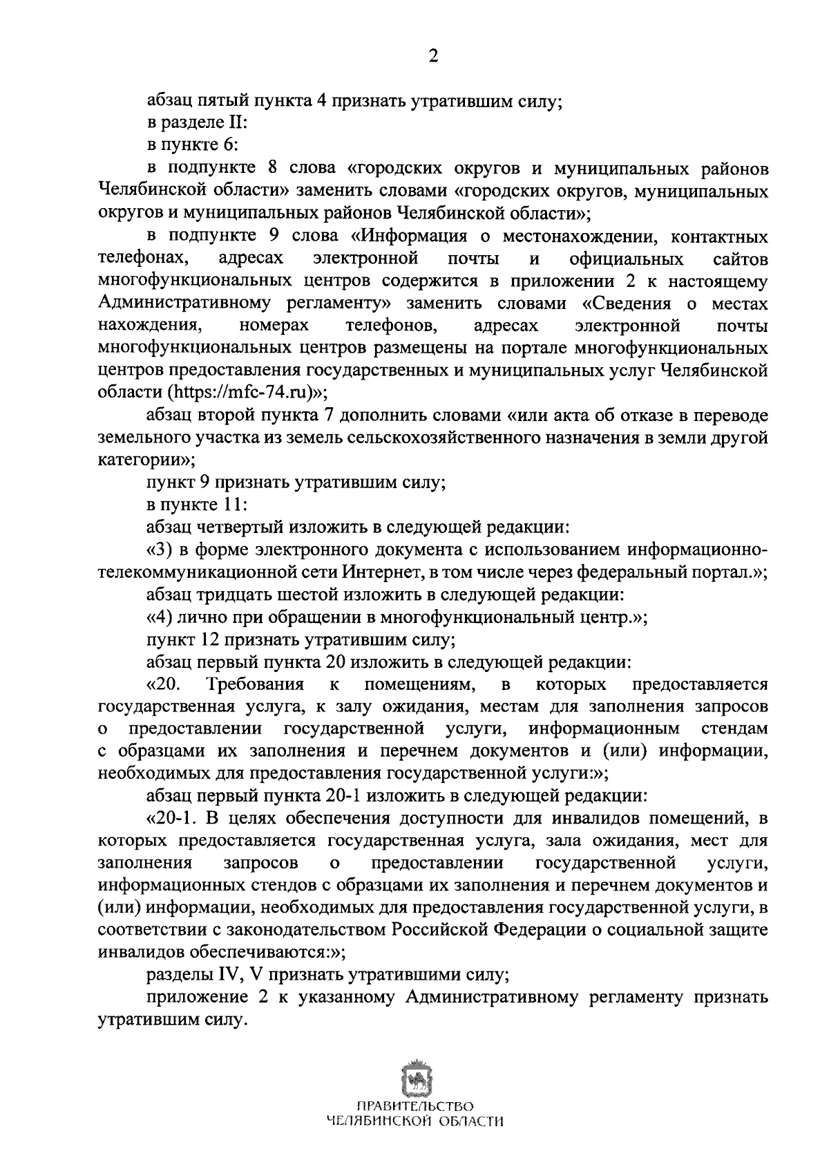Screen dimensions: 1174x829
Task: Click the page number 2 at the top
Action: click(433, 57)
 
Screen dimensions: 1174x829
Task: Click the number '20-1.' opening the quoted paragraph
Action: click(170, 819)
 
